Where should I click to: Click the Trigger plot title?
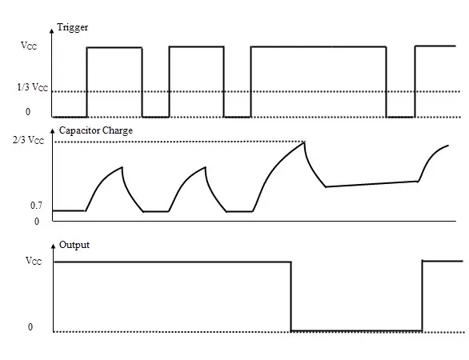pyautogui.click(x=72, y=27)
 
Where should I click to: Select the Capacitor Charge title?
pyautogui.click(x=96, y=130)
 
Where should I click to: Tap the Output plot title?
pyautogui.click(x=74, y=245)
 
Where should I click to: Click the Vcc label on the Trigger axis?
pyautogui.click(x=29, y=46)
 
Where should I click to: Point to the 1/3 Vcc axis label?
pyautogui.click(x=32, y=87)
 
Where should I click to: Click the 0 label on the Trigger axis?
pyautogui.click(x=28, y=112)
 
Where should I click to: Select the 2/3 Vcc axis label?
pyautogui.click(x=28, y=140)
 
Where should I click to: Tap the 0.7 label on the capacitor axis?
pyautogui.click(x=36, y=206)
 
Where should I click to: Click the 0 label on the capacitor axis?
pyautogui.click(x=37, y=222)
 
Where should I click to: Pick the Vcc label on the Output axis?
pyautogui.click(x=34, y=261)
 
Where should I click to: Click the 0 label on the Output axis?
pyautogui.click(x=30, y=327)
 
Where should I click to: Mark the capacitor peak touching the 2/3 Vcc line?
pyautogui.click(x=304, y=142)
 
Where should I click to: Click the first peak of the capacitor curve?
pyautogui.click(x=122, y=167)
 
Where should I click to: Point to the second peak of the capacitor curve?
pyautogui.click(x=206, y=167)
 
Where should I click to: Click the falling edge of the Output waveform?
pyautogui.click(x=291, y=296)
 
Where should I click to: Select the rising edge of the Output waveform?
pyautogui.click(x=422, y=296)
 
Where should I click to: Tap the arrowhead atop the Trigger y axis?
pyautogui.click(x=52, y=30)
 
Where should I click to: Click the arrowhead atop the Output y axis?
pyautogui.click(x=54, y=246)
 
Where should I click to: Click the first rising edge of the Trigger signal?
pyautogui.click(x=86, y=82)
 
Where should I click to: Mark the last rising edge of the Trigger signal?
pyautogui.click(x=415, y=82)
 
